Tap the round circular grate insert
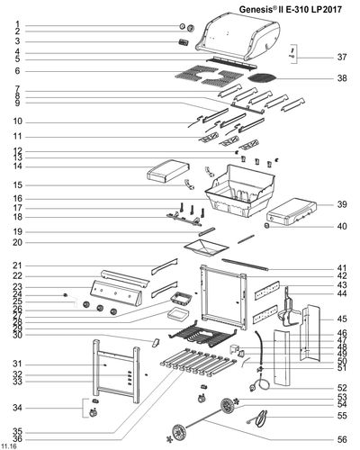(x=267, y=82)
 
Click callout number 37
(x=341, y=57)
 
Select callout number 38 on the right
(x=341, y=78)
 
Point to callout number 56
(x=341, y=438)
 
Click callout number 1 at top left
(x=17, y=25)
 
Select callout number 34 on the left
(x=17, y=407)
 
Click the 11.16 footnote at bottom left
(x=9, y=445)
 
